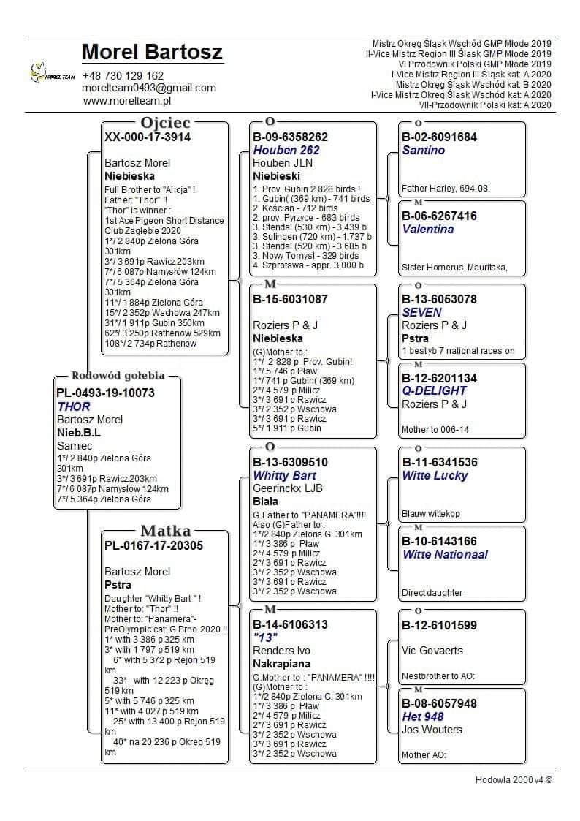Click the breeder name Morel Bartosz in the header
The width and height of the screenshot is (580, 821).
[x=152, y=53]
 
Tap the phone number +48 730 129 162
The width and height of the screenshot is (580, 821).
[x=123, y=75]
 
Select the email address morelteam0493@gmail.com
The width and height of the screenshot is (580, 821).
[x=149, y=88]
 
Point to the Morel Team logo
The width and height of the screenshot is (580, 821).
[x=52, y=72]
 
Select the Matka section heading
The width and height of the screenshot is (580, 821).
[x=165, y=531]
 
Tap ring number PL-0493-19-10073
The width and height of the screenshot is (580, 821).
[x=105, y=393]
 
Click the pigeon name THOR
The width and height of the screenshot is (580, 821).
[x=74, y=406]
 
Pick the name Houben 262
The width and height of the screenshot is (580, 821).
[x=286, y=150]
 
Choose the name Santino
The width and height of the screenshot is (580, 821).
[x=423, y=150]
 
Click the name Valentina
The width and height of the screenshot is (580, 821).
[x=428, y=229]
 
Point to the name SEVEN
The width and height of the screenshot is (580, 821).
[x=422, y=312]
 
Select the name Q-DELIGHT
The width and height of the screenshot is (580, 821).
[x=435, y=391]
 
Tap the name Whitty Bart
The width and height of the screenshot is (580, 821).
[x=284, y=475]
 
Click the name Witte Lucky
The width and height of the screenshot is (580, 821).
[x=436, y=475]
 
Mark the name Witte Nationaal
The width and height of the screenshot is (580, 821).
[x=445, y=554]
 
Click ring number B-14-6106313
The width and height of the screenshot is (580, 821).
[x=290, y=625]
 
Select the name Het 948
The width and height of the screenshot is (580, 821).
[x=423, y=716]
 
